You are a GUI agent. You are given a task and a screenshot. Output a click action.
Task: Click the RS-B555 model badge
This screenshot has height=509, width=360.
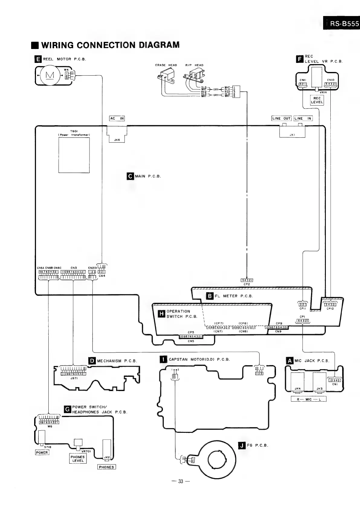click(x=342, y=24)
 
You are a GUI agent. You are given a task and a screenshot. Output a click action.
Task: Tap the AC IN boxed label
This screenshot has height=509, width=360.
click(x=117, y=118)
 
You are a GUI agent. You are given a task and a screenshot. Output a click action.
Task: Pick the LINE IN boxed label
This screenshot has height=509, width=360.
click(x=303, y=118)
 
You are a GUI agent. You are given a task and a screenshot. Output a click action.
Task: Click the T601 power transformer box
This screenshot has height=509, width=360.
click(x=74, y=155)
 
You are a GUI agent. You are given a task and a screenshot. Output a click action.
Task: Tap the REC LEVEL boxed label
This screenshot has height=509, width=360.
click(x=317, y=100)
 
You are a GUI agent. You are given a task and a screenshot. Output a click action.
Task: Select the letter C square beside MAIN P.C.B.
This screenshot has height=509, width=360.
click(x=130, y=176)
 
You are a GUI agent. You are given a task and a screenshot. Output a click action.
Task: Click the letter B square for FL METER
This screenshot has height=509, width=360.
click(x=210, y=296)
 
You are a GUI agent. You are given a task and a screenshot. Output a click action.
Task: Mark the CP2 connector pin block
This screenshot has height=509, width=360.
click(x=247, y=280)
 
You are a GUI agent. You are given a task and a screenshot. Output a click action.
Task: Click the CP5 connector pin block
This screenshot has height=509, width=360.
click(x=191, y=337)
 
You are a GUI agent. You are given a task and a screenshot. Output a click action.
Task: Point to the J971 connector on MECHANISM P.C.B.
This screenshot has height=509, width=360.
click(x=73, y=374)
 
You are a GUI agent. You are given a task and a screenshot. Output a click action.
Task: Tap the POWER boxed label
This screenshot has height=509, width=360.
click(x=42, y=452)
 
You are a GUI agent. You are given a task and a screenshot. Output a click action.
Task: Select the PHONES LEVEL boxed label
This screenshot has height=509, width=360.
click(x=78, y=459)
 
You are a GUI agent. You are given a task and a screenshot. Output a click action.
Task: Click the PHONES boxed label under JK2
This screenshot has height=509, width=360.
click(x=106, y=467)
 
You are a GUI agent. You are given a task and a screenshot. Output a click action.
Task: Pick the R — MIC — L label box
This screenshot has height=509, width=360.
click(x=308, y=399)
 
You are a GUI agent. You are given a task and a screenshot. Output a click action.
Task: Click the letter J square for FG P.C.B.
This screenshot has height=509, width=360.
click(x=242, y=445)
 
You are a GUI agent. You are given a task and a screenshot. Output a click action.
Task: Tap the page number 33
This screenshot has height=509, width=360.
click(x=181, y=481)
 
